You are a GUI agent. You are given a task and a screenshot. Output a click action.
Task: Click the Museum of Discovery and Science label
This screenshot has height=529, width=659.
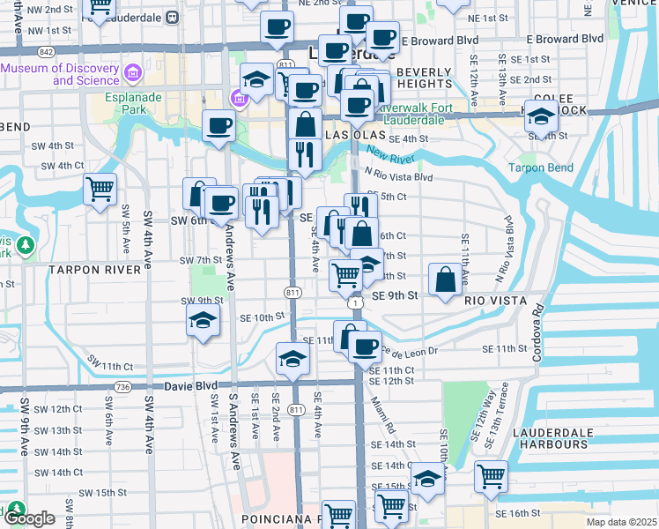point(59,74)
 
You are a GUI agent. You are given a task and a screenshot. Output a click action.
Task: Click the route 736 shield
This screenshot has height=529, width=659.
point(122,387)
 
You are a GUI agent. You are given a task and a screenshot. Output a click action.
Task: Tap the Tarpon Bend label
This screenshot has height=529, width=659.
point(541,168)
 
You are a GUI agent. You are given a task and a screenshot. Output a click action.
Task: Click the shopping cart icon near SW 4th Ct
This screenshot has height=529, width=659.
point(100,188)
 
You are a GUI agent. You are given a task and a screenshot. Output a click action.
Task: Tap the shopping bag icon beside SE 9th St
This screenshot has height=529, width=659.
point(447,279)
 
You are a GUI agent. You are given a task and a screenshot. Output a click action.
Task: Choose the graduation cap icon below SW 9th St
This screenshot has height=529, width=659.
point(203,322)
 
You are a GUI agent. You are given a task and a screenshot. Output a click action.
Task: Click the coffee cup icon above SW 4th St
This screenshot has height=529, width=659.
point(218,125)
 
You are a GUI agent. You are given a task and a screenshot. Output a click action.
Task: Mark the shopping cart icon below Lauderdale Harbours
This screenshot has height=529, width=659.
point(491,476)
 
